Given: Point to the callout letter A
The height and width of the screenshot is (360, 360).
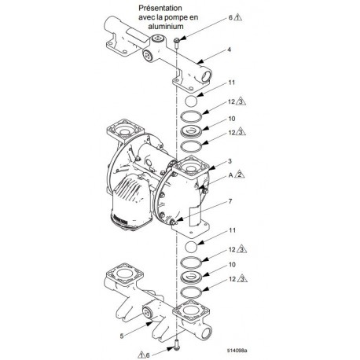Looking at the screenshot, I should [x=229, y=178].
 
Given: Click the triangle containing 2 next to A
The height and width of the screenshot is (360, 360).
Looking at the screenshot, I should [x=238, y=178].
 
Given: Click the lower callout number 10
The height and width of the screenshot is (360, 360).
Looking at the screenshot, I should [x=231, y=266].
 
